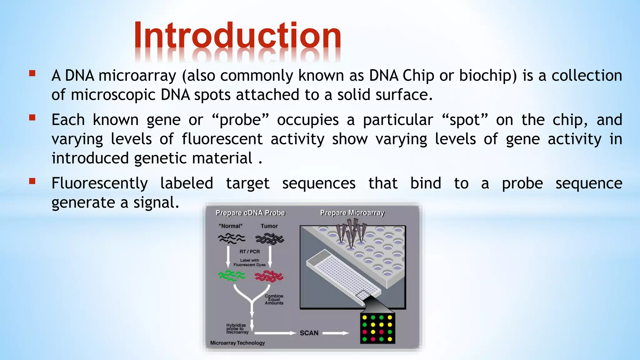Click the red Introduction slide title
coord(237,36)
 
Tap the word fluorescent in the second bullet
coord(222,139)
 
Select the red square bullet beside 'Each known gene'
coord(32,118)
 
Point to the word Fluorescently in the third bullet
coord(99,183)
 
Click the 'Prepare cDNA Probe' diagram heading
coord(250,213)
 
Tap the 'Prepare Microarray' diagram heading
coord(352,213)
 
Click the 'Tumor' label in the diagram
coord(269,226)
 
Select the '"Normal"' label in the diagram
coord(231,226)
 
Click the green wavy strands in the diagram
coord(232,275)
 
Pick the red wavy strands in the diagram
coord(269,276)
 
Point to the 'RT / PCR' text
coord(249,252)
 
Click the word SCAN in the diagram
coord(309,333)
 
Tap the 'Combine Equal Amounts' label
coord(274,299)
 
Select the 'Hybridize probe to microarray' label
coord(237,329)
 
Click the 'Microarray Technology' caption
coord(237,343)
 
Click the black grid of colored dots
coord(377,328)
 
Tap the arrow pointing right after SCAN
coord(336,333)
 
